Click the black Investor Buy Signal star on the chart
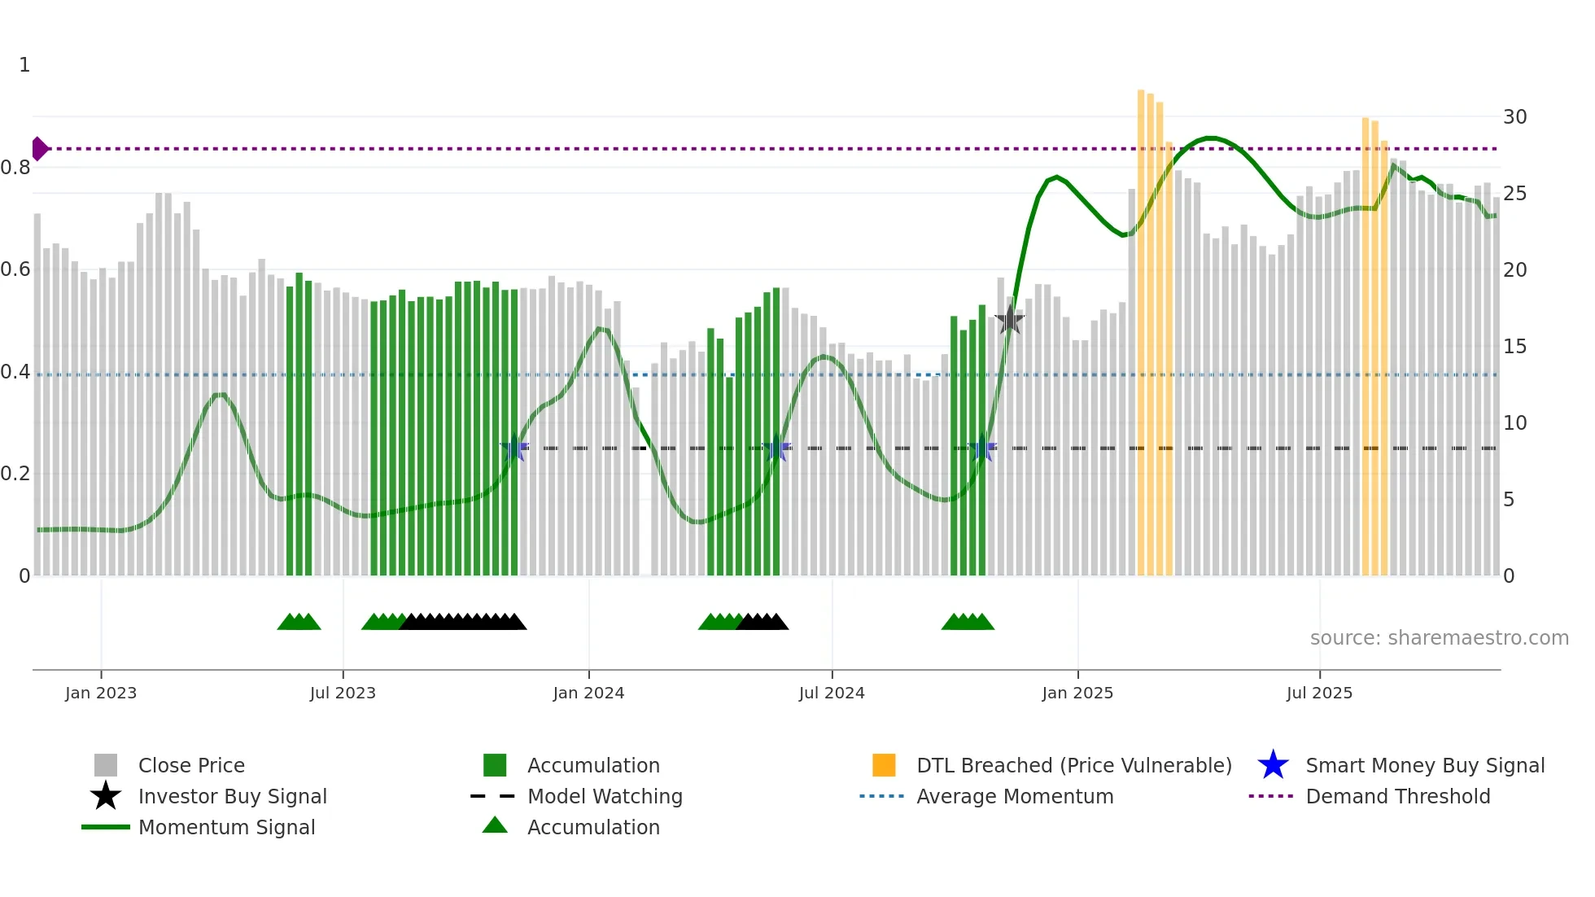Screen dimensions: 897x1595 tap(1009, 320)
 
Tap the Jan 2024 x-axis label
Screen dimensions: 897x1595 tap(588, 693)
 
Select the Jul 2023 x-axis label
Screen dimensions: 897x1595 tap(343, 693)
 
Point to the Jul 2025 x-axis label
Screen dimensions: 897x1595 tap(1319, 693)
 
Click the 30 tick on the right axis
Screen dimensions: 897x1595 tap(1514, 117)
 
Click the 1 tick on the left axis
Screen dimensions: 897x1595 tap(24, 65)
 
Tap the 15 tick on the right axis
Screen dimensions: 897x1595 tap(1514, 347)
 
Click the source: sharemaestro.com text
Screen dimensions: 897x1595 tap(1439, 638)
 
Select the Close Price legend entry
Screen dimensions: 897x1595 tap(191, 765)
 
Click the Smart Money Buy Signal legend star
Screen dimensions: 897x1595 tap(1273, 765)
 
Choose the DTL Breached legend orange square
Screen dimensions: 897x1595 tap(884, 765)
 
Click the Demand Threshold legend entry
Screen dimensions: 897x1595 tap(1397, 796)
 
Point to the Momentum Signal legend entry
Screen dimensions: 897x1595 tap(226, 827)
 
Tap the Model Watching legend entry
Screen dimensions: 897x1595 tap(605, 796)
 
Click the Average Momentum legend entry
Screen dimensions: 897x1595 tap(1014, 796)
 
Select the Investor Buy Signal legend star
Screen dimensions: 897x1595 tap(106, 796)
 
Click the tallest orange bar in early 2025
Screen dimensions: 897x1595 tap(1141, 326)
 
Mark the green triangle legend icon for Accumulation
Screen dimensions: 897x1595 tap(495, 825)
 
